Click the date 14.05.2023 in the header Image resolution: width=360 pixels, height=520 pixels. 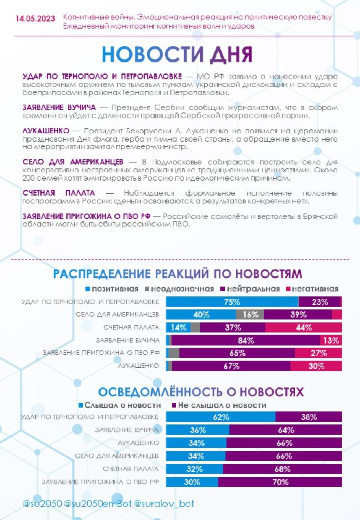click(35, 19)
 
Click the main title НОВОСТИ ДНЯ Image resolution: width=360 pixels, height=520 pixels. click(177, 55)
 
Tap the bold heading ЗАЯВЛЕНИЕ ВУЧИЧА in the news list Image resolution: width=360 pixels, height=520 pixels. click(59, 107)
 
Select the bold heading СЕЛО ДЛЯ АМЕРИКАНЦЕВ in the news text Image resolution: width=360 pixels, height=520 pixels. click(73, 162)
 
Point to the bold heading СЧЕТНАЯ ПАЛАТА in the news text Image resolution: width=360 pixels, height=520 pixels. click(58, 193)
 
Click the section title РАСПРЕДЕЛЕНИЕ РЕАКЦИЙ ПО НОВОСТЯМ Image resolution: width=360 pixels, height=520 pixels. click(177, 274)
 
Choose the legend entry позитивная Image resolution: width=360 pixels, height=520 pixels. click(112, 289)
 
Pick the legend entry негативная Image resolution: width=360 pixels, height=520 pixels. click(312, 289)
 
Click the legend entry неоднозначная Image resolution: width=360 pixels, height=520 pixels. click(179, 289)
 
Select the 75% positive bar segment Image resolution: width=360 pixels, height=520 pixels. click(232, 302)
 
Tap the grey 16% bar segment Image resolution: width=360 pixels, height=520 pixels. click(250, 315)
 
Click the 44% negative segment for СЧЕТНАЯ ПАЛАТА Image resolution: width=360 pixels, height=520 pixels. click(303, 328)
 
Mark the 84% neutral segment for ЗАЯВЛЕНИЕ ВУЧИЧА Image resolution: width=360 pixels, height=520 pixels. click(246, 340)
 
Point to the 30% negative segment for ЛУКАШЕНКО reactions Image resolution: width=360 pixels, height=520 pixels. click(316, 366)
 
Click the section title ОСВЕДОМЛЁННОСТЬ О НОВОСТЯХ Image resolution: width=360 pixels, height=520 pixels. click(201, 392)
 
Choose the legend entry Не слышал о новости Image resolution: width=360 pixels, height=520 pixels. click(219, 405)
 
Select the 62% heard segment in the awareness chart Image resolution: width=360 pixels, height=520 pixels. click(221, 417)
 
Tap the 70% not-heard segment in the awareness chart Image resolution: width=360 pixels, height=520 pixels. click(280, 482)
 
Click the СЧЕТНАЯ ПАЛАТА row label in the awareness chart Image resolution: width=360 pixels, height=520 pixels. click(131, 469)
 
